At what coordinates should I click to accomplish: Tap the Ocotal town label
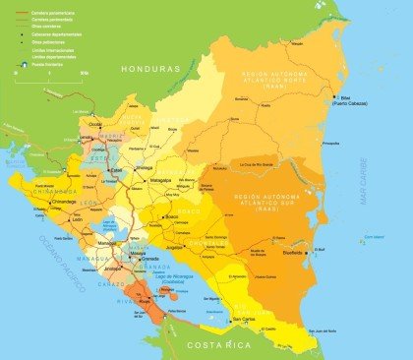[x=95, y=125]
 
